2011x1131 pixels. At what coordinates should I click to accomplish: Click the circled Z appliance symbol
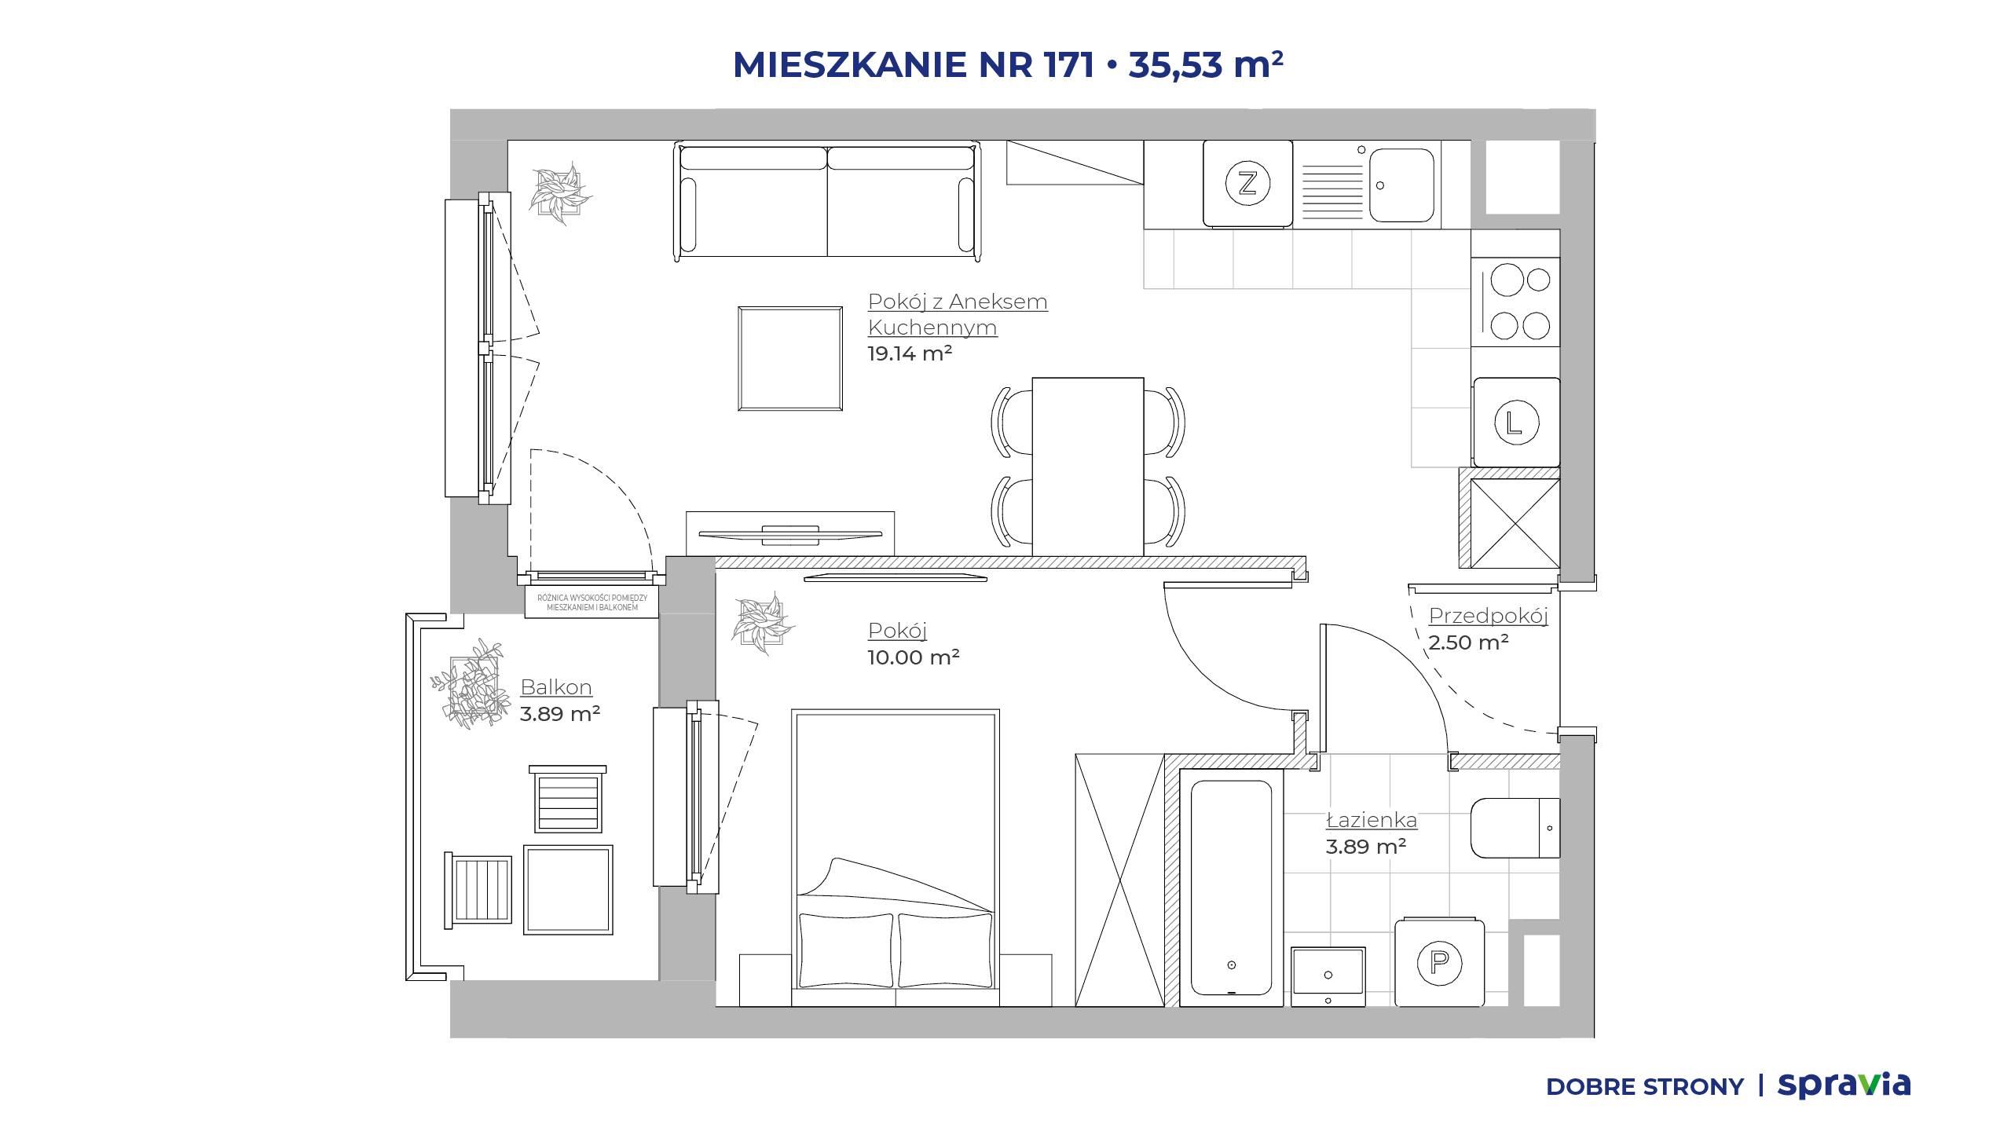1247,184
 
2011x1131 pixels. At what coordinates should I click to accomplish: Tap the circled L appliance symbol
1516,423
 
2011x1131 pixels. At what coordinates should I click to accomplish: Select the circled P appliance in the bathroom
1439,962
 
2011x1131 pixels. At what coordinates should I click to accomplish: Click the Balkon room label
556,687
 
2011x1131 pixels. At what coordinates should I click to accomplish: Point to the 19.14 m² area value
910,353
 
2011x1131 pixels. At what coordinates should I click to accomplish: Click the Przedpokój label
1488,616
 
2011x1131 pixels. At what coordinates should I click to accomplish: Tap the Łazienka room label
1372,820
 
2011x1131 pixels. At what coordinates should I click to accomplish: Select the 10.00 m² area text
914,657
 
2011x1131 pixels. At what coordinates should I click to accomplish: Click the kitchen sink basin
1401,185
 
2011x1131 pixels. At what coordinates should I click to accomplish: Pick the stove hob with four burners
1516,303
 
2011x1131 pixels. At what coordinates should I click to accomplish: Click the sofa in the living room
827,200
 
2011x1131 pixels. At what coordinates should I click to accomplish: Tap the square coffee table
790,359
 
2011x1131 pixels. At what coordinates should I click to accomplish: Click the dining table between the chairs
1088,467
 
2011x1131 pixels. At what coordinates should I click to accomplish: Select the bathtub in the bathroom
1231,888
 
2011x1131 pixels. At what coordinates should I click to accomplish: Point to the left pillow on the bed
846,950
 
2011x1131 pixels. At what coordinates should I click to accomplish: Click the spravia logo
1844,1085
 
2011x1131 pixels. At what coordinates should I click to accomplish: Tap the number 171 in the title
1069,64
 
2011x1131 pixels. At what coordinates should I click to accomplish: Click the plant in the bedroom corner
762,623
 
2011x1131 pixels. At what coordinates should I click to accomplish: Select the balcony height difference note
592,602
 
